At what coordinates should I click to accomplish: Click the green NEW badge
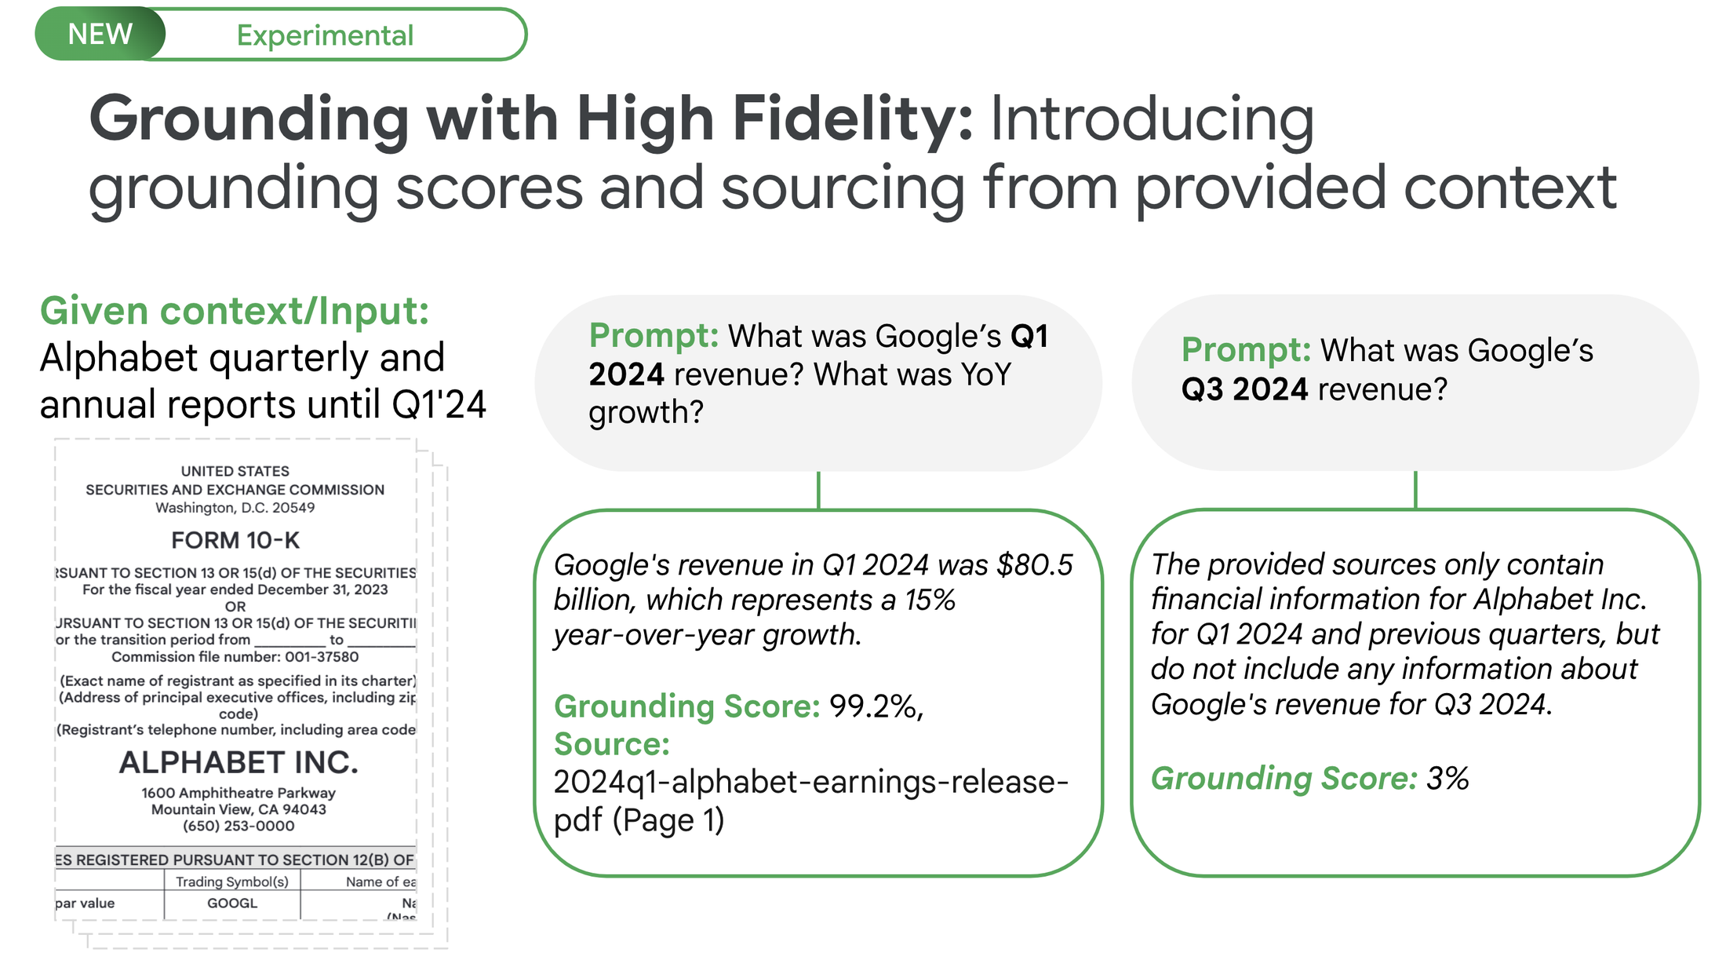(100, 34)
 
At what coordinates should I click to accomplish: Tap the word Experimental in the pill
(325, 35)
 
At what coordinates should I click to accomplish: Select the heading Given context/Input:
(235, 311)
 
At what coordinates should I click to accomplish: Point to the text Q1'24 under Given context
(439, 405)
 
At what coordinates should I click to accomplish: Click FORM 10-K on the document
(235, 540)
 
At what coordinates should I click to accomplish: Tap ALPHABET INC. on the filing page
(239, 762)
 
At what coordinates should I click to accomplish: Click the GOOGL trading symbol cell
(232, 903)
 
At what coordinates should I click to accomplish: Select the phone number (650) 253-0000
(239, 826)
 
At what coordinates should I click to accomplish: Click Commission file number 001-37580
(235, 657)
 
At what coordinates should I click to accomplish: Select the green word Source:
(612, 744)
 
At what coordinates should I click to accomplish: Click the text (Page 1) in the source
(668, 820)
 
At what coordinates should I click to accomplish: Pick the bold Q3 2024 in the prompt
(1244, 389)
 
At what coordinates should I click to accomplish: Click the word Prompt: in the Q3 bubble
(1246, 350)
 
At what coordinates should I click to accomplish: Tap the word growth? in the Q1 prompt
(646, 413)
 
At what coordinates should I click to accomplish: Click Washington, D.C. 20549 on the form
(235, 508)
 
